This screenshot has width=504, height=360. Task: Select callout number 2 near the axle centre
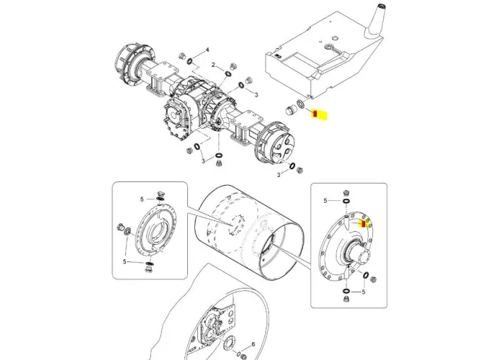214,66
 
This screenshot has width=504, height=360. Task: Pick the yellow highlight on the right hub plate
364,223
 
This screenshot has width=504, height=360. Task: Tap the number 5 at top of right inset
325,200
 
